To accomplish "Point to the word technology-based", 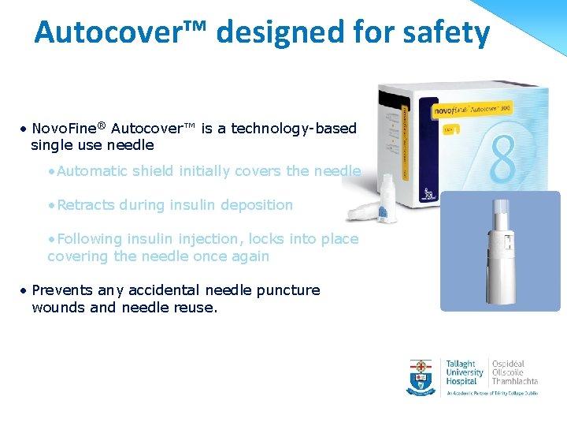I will click(x=292, y=128).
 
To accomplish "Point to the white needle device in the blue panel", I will click(x=501, y=252).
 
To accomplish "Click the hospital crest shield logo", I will click(x=421, y=377).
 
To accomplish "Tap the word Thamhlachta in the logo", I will click(x=516, y=382).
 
